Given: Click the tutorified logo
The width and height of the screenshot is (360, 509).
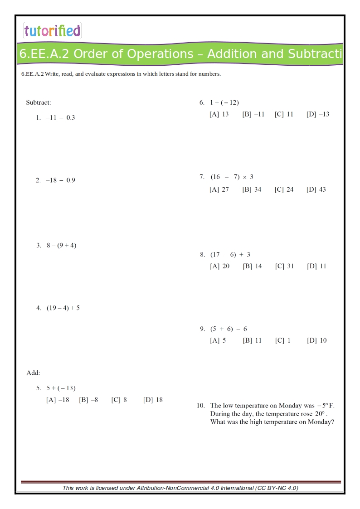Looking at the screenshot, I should [52, 31].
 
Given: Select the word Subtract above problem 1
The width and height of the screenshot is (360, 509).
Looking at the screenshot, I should [39, 102].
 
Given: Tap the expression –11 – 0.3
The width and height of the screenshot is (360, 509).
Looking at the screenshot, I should [60, 118].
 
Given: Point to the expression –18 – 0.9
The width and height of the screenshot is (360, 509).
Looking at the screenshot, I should [60, 180].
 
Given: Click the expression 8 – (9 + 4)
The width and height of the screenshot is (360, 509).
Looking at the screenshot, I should [61, 246].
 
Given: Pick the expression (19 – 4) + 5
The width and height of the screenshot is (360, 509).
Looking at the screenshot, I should [63, 308].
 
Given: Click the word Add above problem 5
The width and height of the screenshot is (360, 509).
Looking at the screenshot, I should [33, 373].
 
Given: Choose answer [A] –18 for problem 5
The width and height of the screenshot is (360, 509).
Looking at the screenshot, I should [58, 400].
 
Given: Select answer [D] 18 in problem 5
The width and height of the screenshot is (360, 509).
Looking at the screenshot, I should [153, 400].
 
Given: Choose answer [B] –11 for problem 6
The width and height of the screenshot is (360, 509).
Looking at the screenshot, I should [253, 114].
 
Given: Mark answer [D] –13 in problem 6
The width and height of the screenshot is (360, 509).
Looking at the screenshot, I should [318, 114].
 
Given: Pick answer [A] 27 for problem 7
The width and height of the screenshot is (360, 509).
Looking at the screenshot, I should [219, 189].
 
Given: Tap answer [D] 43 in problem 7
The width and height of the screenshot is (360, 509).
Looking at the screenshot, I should [316, 189].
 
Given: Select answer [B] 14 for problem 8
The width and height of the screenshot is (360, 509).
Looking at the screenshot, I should [252, 266].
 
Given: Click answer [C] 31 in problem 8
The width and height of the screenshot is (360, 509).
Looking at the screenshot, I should [284, 266].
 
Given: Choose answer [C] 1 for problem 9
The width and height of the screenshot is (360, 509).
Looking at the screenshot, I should [282, 340].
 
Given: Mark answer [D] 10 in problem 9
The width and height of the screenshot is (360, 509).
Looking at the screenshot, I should [316, 340].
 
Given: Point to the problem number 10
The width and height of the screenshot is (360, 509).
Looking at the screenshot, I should [200, 406].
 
